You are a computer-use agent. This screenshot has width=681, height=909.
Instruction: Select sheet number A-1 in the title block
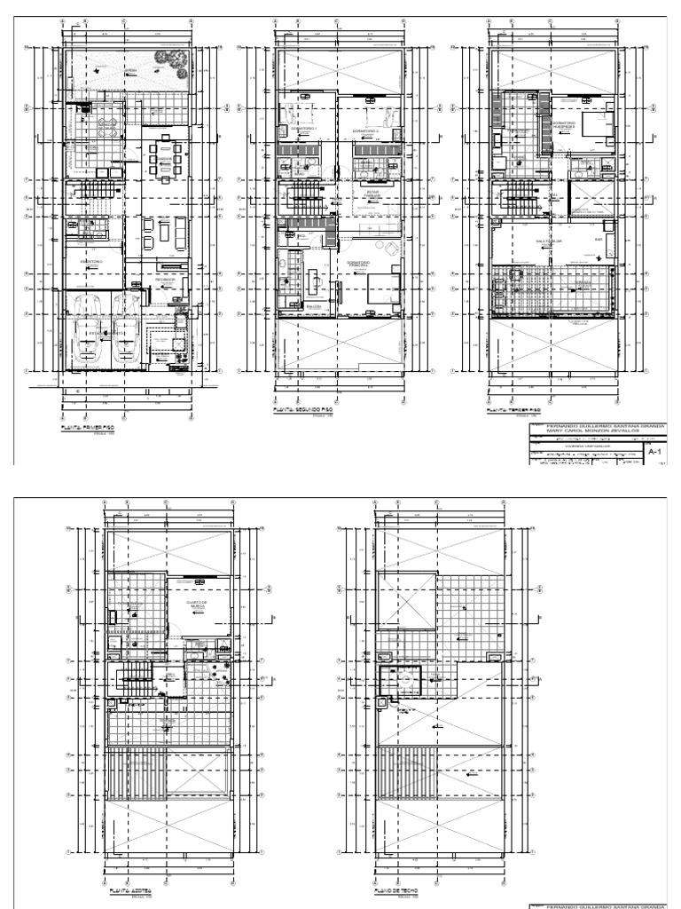tap(656, 452)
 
